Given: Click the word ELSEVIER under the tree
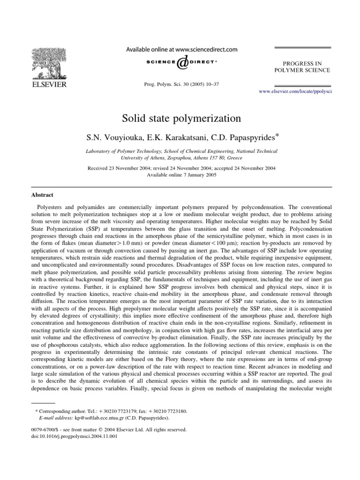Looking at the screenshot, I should tap(49, 84).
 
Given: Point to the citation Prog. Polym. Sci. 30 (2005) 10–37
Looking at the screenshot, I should tap(180, 84).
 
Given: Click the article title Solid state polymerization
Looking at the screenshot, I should tap(180, 118).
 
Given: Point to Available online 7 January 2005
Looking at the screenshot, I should tap(180, 174).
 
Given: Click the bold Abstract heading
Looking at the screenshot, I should tap(42, 195).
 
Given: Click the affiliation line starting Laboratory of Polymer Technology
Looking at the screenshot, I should tap(180, 151).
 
